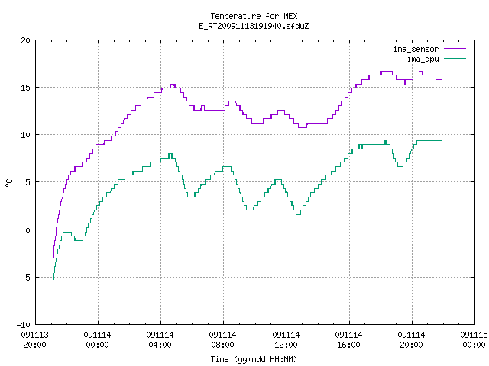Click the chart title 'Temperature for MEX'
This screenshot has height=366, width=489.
pyautogui.click(x=254, y=16)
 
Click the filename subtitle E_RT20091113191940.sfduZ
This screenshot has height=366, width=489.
pyautogui.click(x=254, y=26)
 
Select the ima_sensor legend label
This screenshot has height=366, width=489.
pyautogui.click(x=416, y=49)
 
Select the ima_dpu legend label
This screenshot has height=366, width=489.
pyautogui.click(x=423, y=59)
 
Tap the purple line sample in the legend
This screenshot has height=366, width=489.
pyautogui.click(x=455, y=49)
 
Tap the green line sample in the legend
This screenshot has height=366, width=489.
pyautogui.click(x=455, y=59)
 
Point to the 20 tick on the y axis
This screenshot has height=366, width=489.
pyautogui.click(x=25, y=40)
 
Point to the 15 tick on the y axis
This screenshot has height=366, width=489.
pyautogui.click(x=25, y=88)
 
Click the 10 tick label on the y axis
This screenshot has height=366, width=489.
pyautogui.click(x=25, y=135)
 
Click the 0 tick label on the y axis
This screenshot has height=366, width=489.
pyautogui.click(x=28, y=230)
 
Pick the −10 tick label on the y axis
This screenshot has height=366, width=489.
pyautogui.click(x=24, y=325)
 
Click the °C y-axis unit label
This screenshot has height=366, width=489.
pyautogui.click(x=8, y=183)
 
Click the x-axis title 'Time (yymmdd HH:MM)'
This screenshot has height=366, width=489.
pyautogui.click(x=254, y=359)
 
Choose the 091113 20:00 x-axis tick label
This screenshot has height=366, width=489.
pyautogui.click(x=34, y=340)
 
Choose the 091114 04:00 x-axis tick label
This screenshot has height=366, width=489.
pyautogui.click(x=160, y=340)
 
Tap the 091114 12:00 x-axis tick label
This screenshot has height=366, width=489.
pyautogui.click(x=286, y=340)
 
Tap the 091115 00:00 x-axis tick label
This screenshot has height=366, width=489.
pyautogui.click(x=474, y=340)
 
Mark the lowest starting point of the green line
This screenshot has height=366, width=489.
pyautogui.click(x=53, y=279)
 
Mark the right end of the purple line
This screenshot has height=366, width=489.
pyautogui.click(x=442, y=79)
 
